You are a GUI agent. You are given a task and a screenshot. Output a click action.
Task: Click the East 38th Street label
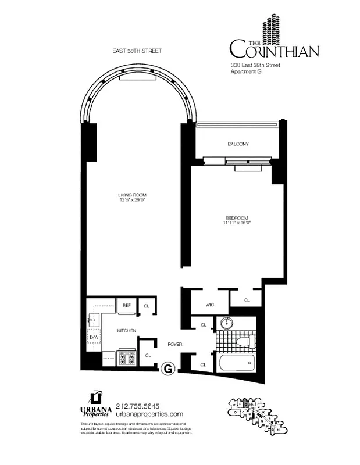point(137,51)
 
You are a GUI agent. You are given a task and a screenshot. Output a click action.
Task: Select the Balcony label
point(238,144)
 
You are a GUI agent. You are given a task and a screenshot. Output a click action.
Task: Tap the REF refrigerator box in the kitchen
point(126,305)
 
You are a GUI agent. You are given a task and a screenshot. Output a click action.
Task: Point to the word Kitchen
point(126,331)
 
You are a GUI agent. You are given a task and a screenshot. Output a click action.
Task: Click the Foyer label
point(174,344)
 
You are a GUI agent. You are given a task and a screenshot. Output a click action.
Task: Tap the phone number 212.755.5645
point(138,406)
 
